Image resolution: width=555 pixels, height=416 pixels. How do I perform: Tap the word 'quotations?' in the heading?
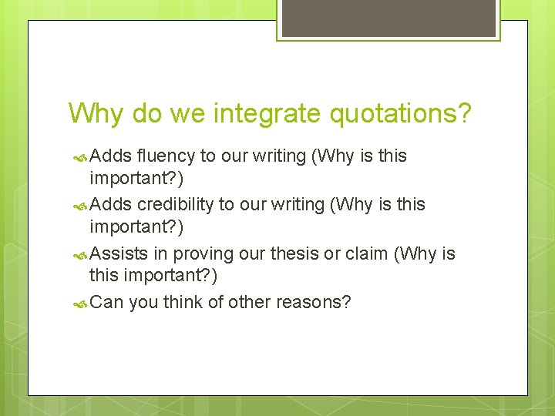tap(400, 113)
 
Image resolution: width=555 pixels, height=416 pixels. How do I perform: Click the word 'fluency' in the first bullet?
tap(166, 156)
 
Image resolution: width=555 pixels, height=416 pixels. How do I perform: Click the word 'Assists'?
tap(115, 253)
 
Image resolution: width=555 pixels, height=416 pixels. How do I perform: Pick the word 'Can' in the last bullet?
tap(106, 302)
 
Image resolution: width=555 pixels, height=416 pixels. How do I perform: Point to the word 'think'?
tap(184, 302)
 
